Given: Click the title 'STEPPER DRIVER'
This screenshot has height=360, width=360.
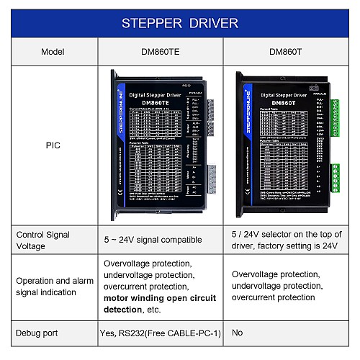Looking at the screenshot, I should pyautogui.click(x=179, y=23).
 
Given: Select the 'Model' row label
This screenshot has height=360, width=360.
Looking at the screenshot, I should pyautogui.click(x=53, y=52).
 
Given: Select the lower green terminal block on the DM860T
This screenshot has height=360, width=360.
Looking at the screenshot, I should pyautogui.click(x=335, y=180).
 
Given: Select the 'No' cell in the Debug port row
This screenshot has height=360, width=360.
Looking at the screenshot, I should pyautogui.click(x=238, y=333).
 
